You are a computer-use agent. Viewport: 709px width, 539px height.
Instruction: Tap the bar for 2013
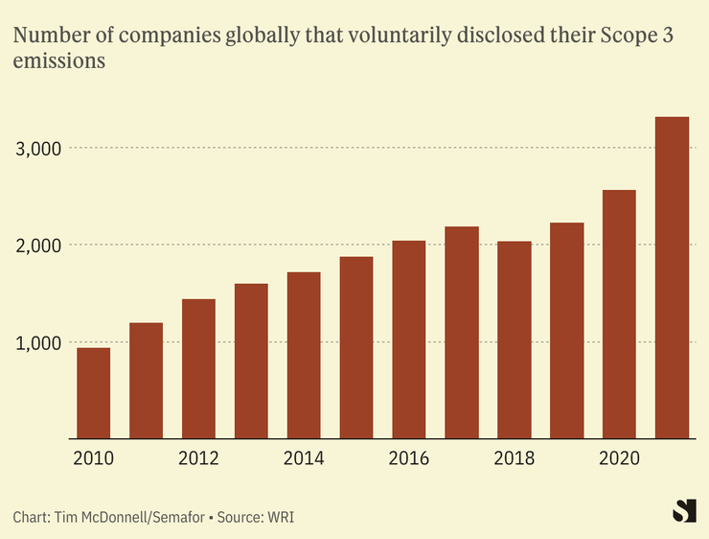251,362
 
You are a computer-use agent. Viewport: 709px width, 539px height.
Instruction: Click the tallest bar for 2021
672,278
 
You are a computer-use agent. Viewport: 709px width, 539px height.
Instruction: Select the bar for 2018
515,340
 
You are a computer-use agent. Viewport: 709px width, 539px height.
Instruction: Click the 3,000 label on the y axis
40,149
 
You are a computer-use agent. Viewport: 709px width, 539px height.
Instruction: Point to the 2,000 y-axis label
40,246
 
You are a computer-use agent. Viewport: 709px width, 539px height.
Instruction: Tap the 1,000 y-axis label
40,342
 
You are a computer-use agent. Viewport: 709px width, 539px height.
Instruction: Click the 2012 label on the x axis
198,458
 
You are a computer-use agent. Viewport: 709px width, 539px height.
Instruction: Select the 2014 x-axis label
304,458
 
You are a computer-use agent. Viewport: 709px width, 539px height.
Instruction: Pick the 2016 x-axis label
409,458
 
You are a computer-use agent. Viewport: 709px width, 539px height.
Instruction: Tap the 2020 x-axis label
620,458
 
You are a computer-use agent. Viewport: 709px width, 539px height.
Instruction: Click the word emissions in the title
57,61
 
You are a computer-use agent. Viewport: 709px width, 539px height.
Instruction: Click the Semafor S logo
683,511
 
